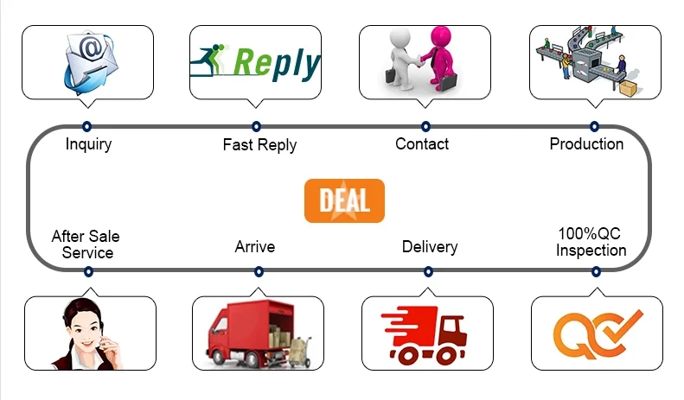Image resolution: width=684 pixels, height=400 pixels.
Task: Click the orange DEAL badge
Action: [344, 200]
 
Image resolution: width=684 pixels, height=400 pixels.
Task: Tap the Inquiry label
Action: [88, 144]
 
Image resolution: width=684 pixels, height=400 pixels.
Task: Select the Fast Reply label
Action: [259, 144]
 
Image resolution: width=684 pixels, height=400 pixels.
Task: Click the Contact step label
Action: [422, 144]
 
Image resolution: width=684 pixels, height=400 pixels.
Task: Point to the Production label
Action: [586, 144]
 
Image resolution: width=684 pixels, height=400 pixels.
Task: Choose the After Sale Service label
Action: [86, 244]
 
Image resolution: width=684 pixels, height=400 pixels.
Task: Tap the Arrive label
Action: [255, 247]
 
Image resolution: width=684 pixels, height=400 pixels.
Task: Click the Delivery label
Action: [430, 247]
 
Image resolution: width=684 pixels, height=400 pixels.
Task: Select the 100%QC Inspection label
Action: [591, 243]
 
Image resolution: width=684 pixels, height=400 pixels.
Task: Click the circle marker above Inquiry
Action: [86, 127]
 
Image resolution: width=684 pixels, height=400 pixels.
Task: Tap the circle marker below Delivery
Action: [427, 271]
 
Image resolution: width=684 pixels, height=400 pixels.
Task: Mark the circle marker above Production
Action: [594, 127]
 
